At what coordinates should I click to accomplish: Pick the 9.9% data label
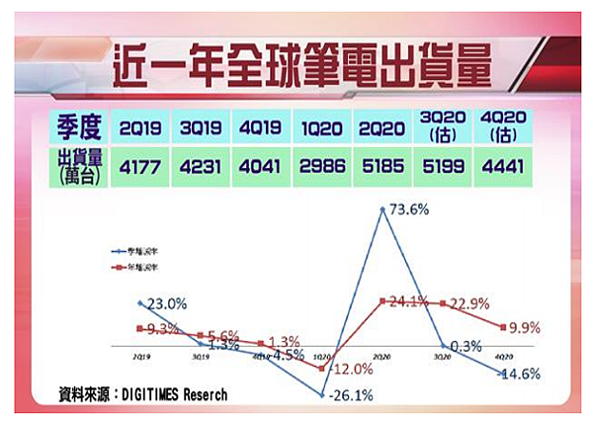[527, 327]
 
